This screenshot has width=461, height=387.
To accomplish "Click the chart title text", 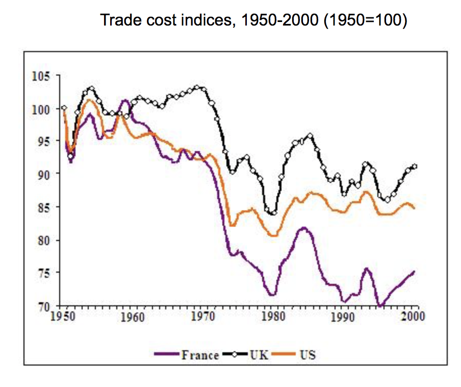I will [x=253, y=21].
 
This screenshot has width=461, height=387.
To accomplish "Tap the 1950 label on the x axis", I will [x=64, y=316].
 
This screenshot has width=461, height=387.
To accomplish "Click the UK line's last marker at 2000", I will [x=415, y=166].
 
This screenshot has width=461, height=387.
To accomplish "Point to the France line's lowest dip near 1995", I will [x=379, y=306].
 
